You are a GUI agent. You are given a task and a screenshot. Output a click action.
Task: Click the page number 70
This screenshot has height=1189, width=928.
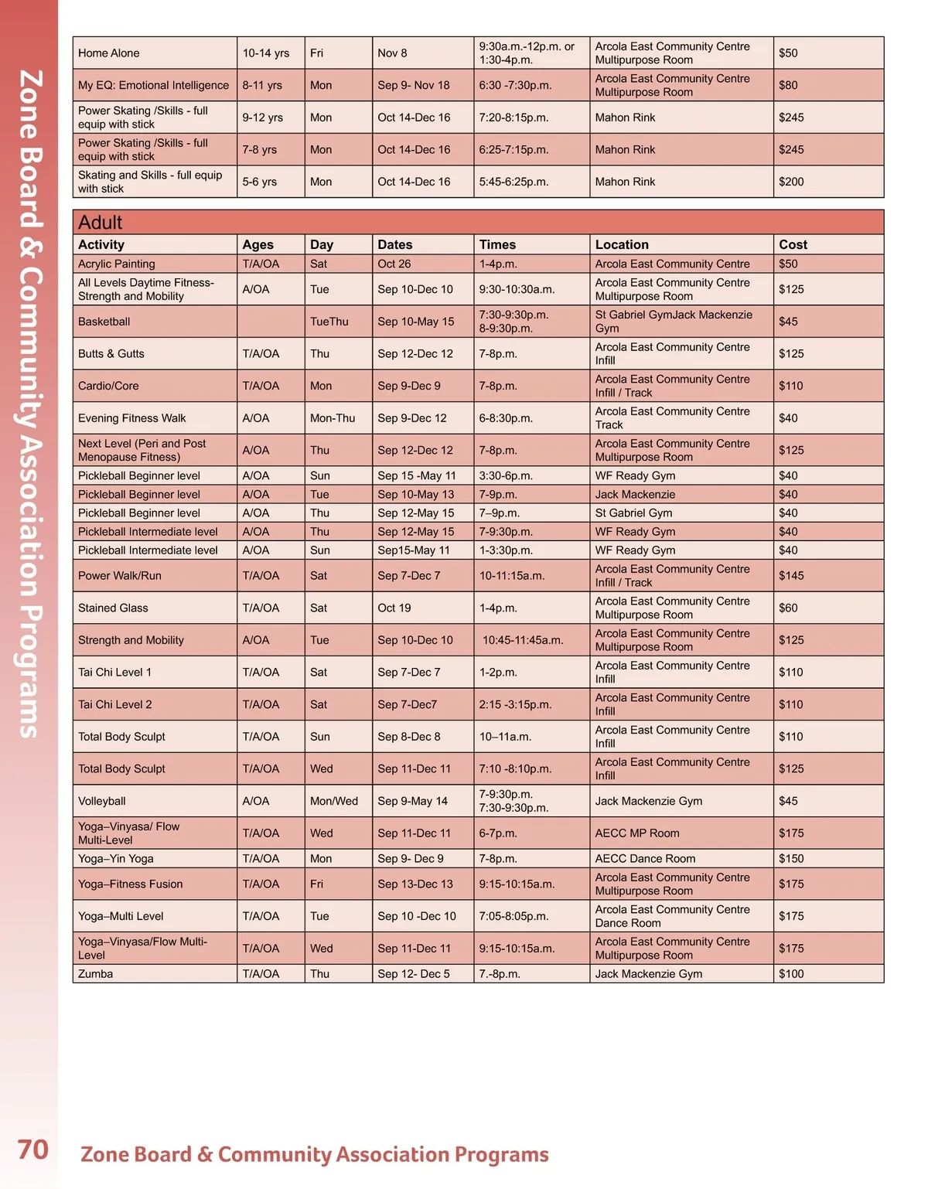click(32, 1150)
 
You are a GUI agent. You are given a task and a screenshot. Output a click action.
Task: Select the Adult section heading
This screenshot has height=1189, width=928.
click(101, 223)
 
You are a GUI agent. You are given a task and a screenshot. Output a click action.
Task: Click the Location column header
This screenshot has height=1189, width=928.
click(622, 244)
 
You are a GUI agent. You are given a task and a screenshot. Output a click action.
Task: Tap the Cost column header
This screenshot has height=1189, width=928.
click(793, 244)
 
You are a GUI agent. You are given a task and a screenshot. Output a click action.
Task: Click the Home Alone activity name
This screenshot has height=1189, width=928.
click(109, 53)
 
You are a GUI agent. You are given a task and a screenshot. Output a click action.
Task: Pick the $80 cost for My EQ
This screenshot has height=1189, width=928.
click(788, 85)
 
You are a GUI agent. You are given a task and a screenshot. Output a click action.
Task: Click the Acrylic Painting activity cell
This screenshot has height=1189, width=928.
click(117, 264)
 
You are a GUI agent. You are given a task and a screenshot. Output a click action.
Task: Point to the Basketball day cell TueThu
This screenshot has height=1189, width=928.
click(329, 322)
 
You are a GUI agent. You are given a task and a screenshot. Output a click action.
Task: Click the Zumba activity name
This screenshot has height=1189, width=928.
click(96, 974)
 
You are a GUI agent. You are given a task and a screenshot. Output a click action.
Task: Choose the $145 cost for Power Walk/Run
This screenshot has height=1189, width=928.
click(791, 576)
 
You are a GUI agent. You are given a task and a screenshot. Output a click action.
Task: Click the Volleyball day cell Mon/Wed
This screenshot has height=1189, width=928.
click(334, 802)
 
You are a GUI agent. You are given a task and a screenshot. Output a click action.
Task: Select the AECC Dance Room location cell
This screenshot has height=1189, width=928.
click(645, 859)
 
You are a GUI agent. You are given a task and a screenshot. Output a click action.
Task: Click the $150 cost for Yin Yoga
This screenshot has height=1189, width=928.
click(791, 859)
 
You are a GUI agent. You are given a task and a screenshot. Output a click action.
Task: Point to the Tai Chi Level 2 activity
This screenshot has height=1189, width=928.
click(115, 705)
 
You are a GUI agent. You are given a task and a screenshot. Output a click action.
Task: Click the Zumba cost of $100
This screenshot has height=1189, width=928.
click(791, 974)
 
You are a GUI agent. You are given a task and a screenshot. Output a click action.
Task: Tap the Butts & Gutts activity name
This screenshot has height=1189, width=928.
click(111, 354)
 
